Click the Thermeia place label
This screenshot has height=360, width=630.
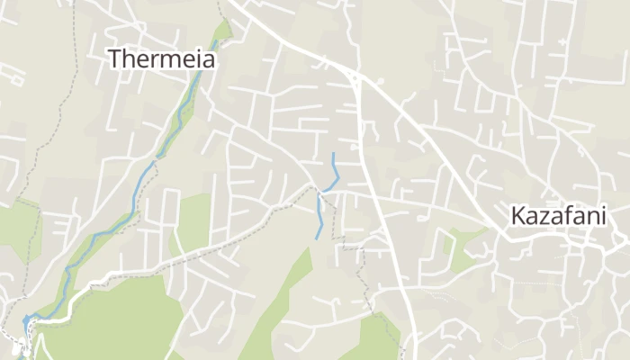click(x=162, y=59)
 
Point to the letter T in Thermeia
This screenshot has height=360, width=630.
click(x=115, y=59)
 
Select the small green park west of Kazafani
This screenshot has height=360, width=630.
click(x=461, y=249)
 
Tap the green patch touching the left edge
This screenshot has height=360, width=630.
click(x=16, y=229)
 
